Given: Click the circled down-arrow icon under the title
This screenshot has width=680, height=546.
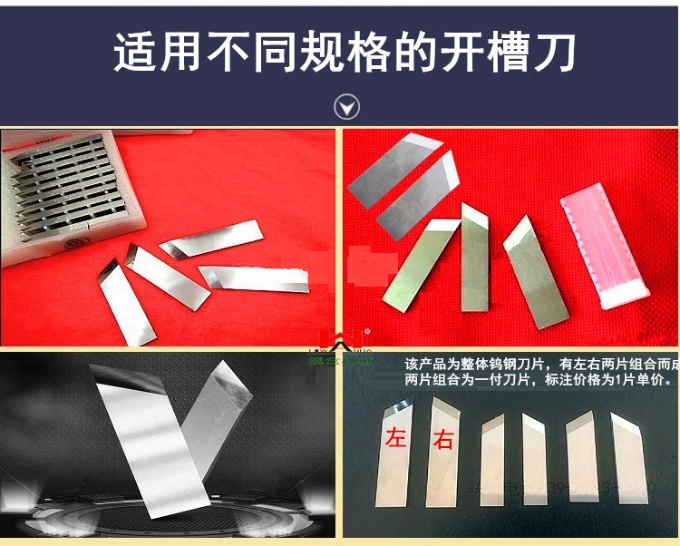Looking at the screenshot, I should [x=346, y=107].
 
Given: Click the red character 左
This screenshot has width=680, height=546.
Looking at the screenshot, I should [x=395, y=437].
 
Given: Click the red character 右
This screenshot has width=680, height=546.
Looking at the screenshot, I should [x=442, y=441].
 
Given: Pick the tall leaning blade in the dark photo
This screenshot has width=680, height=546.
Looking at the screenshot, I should [x=150, y=435].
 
